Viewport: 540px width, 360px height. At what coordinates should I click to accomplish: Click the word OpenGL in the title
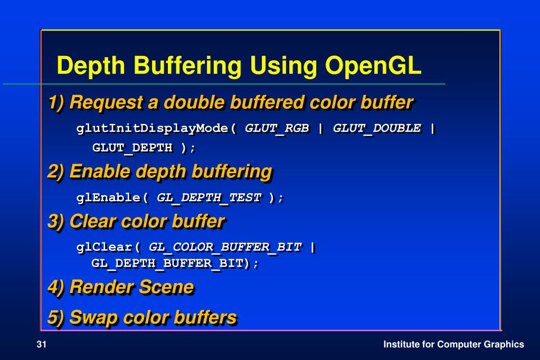373,66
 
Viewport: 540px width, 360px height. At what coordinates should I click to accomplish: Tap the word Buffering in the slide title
187,66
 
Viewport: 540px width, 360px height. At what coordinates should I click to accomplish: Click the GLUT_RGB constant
277,128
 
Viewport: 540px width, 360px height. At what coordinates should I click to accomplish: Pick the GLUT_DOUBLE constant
377,128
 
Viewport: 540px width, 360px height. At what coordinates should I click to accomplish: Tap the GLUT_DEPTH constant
132,148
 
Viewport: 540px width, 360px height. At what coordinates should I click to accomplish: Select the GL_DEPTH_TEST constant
209,197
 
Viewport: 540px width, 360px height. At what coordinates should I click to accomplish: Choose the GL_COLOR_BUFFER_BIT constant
225,247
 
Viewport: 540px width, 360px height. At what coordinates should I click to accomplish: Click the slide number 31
42,345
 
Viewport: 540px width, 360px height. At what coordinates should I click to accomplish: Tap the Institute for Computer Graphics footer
453,345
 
